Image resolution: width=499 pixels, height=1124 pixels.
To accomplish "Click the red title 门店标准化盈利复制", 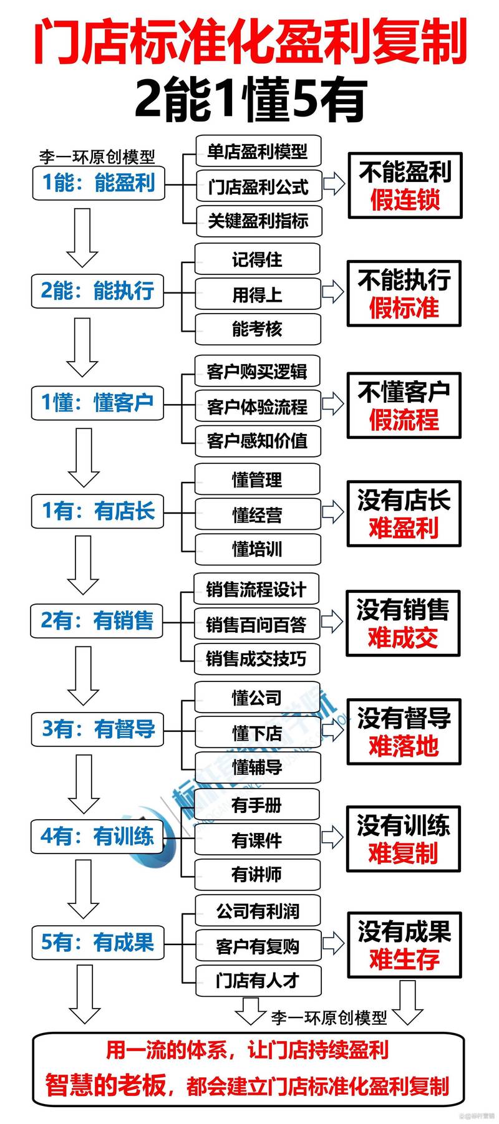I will click(249, 42).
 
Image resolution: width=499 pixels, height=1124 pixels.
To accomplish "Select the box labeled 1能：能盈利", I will click(99, 183).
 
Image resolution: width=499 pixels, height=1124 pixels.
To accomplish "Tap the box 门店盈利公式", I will click(258, 186).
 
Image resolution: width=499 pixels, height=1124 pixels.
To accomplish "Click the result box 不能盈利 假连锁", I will click(405, 186).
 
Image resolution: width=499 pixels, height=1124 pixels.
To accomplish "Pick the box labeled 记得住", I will click(257, 259).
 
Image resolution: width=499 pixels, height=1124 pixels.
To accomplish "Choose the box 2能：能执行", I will click(97, 291).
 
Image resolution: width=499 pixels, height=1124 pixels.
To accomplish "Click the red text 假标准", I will click(404, 308).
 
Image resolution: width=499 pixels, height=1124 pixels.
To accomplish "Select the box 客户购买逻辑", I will click(257, 372).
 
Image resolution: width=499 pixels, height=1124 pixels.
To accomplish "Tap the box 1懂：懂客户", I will click(97, 402).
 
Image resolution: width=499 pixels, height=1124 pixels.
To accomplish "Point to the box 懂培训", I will click(257, 549).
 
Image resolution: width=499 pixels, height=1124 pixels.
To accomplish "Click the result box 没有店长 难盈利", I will click(404, 514).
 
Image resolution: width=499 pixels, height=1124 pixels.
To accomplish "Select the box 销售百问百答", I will click(256, 624).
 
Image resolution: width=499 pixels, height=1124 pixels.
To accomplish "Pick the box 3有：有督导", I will click(98, 729).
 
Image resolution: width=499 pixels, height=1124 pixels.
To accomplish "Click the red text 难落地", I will click(404, 746).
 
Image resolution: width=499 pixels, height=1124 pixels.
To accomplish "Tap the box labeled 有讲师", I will click(257, 875).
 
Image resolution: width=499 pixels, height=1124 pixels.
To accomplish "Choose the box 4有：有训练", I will click(97, 836).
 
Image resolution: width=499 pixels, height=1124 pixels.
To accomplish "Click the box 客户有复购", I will click(258, 946).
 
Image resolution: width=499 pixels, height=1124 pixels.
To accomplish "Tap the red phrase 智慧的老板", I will click(106, 1085).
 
